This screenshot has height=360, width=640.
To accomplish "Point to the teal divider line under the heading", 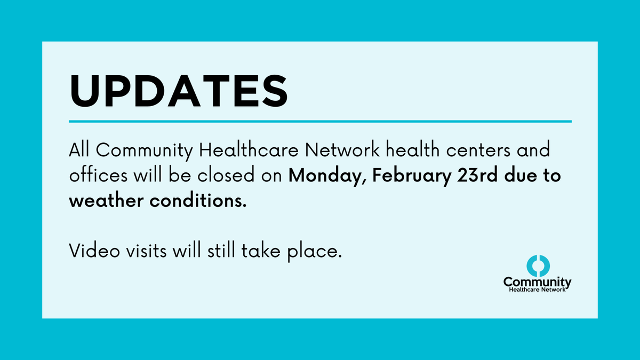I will [320, 122].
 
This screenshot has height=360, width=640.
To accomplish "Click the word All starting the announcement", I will [80, 151].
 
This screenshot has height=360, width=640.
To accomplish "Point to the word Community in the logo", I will [537, 281].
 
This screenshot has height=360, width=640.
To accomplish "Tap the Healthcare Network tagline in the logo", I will [537, 289].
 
